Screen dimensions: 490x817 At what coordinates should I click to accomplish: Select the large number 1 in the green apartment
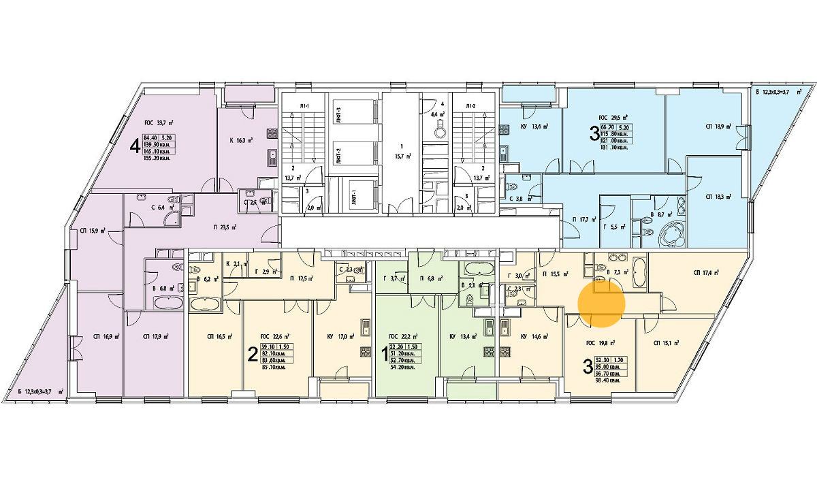click(383, 354)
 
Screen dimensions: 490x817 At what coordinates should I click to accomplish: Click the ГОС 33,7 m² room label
click(159, 123)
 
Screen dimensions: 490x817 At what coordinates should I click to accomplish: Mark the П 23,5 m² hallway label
click(223, 228)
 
